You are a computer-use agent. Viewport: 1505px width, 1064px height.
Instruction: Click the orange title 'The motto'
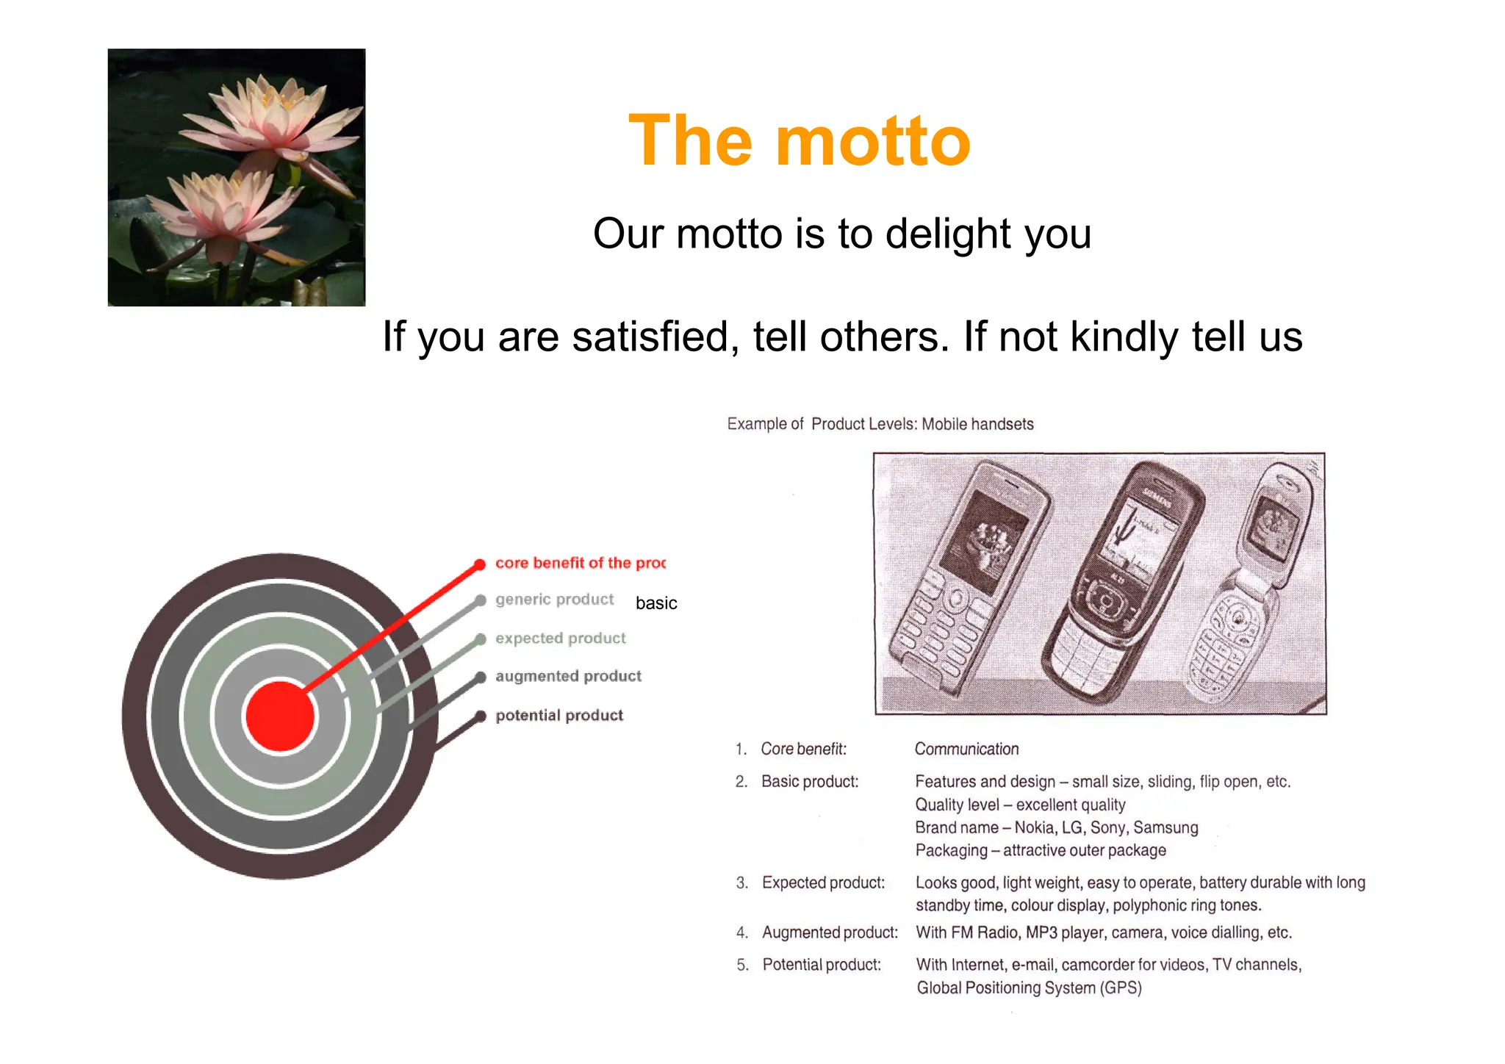pos(800,141)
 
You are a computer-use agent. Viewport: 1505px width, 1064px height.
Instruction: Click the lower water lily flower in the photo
pos(220,209)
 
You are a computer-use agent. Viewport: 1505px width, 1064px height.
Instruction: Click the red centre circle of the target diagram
pos(280,716)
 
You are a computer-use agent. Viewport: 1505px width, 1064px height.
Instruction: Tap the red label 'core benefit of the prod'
pos(580,563)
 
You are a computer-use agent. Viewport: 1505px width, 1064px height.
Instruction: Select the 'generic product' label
pos(554,600)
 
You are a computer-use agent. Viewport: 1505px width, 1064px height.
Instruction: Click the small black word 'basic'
pos(655,603)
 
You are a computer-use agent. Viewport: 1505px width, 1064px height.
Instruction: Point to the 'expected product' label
pos(560,638)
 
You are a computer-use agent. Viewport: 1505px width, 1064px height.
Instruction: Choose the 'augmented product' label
pos(568,676)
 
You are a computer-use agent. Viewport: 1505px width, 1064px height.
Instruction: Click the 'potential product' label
pos(559,715)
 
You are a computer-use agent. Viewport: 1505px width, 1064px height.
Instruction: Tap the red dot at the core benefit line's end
pos(480,564)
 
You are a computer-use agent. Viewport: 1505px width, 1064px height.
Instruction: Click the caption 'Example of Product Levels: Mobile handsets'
pos(880,424)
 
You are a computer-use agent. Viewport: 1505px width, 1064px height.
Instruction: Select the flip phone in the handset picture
pos(1249,588)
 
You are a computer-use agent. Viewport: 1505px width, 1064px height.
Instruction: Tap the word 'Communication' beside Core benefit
pos(966,749)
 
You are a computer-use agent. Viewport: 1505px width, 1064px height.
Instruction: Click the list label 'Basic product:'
pos(809,781)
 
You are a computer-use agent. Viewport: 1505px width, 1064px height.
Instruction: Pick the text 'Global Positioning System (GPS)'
pos(1029,988)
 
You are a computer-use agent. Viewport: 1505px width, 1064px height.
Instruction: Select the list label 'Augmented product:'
pos(830,932)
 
